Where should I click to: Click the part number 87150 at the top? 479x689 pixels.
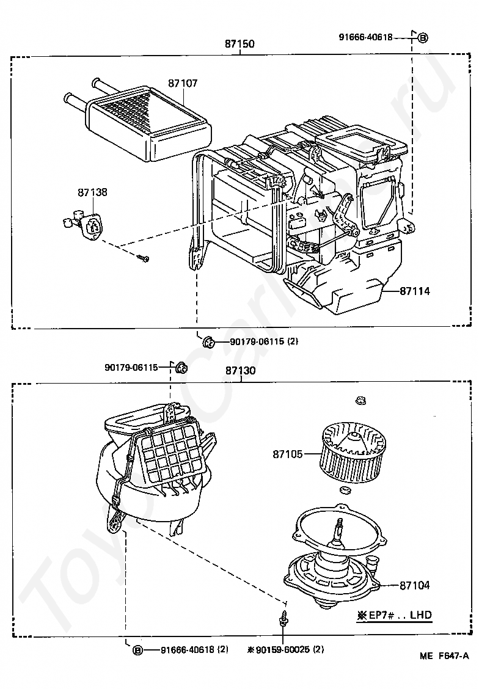point(239,44)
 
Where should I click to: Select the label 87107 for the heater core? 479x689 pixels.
point(183,82)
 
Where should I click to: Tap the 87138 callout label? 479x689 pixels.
point(92,192)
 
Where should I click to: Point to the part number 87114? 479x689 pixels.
point(415,291)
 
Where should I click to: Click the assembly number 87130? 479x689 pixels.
point(239,371)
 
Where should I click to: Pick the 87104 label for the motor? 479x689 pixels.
point(415,585)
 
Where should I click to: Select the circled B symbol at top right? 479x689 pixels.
point(423,37)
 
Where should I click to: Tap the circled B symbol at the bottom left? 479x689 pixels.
point(138,650)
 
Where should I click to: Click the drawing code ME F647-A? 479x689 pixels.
point(444,673)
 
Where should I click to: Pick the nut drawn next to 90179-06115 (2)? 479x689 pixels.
point(208,341)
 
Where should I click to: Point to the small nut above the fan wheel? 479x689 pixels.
point(360,401)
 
